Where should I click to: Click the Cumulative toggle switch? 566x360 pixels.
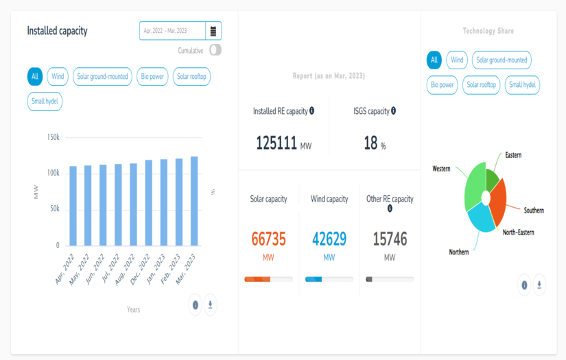point(215,50)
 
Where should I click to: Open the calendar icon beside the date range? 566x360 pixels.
point(213,31)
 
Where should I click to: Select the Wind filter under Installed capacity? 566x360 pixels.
point(58,77)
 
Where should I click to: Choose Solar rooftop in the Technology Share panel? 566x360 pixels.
point(481,85)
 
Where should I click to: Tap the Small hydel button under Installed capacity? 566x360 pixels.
point(45,101)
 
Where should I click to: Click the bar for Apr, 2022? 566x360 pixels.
point(73,206)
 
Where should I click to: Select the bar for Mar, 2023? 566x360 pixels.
point(194,201)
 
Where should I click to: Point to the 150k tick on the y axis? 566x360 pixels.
point(53,137)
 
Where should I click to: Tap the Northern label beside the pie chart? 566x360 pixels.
point(459,252)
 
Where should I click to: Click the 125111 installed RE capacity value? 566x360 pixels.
point(276,143)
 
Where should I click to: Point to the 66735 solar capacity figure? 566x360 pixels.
point(268,239)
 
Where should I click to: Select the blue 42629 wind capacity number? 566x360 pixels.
point(329,239)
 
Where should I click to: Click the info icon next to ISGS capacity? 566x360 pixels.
point(393,110)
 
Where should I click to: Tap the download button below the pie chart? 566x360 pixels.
point(539,285)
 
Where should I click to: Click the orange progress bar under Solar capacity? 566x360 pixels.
point(257,279)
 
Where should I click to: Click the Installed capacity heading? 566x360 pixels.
point(57,31)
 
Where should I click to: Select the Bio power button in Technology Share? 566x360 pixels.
point(443,85)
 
